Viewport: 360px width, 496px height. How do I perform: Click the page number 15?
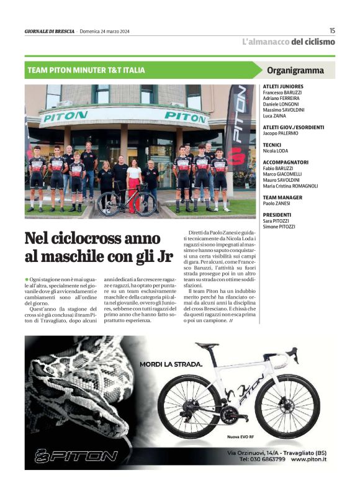coord(332,30)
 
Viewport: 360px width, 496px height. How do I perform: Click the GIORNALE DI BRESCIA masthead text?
coord(49,32)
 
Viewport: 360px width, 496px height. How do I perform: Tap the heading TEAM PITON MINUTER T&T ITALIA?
coord(86,70)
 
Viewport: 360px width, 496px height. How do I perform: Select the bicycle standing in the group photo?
coord(126,202)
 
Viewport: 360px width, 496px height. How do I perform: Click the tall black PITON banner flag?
coord(240,130)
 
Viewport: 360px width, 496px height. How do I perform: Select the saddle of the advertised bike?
coord(207,345)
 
